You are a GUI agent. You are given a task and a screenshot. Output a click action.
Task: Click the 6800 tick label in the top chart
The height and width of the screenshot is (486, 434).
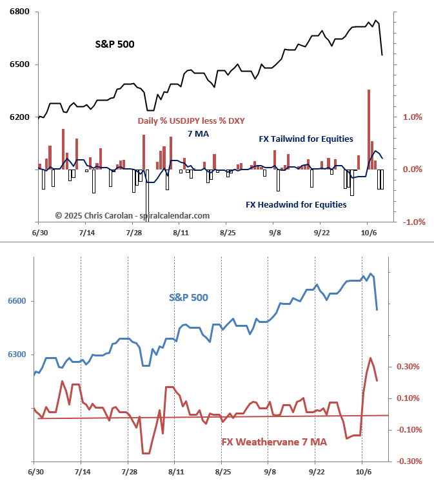click(19, 12)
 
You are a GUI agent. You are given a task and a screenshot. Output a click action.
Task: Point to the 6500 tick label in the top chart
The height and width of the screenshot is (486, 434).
click(19, 64)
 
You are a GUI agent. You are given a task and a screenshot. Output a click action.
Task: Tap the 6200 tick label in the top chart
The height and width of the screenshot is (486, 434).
click(19, 117)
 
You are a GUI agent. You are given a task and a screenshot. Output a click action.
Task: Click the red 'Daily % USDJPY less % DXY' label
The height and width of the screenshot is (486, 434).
click(191, 121)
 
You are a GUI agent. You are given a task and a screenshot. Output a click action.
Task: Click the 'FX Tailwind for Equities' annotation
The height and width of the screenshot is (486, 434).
click(301, 139)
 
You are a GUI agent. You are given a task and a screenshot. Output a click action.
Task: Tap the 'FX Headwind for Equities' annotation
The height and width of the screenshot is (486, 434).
click(296, 204)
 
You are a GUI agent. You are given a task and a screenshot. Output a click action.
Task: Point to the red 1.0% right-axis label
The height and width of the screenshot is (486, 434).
click(412, 117)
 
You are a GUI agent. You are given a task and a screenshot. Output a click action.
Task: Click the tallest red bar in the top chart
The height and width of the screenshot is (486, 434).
click(369, 129)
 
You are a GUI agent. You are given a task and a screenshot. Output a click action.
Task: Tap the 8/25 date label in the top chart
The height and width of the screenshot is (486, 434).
click(228, 232)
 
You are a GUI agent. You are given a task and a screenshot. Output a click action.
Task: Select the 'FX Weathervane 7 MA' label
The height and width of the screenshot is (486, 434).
click(274, 442)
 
